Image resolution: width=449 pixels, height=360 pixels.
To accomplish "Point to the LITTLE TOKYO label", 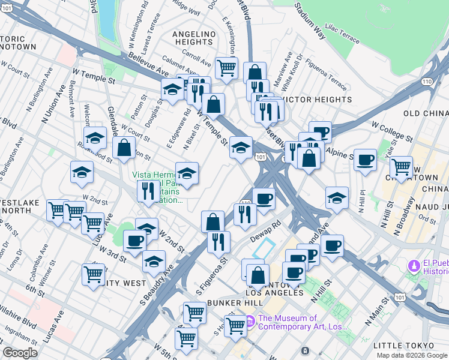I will [x=403, y=346].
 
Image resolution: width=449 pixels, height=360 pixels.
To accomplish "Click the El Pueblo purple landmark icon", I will [x=413, y=265].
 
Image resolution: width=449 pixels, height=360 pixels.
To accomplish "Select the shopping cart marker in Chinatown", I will [x=401, y=167].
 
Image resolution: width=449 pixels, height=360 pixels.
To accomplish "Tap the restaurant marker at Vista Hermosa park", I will [x=148, y=191].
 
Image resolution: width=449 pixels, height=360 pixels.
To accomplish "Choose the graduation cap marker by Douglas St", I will [x=172, y=91].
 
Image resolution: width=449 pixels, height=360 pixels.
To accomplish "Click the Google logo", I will [x=20, y=353].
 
